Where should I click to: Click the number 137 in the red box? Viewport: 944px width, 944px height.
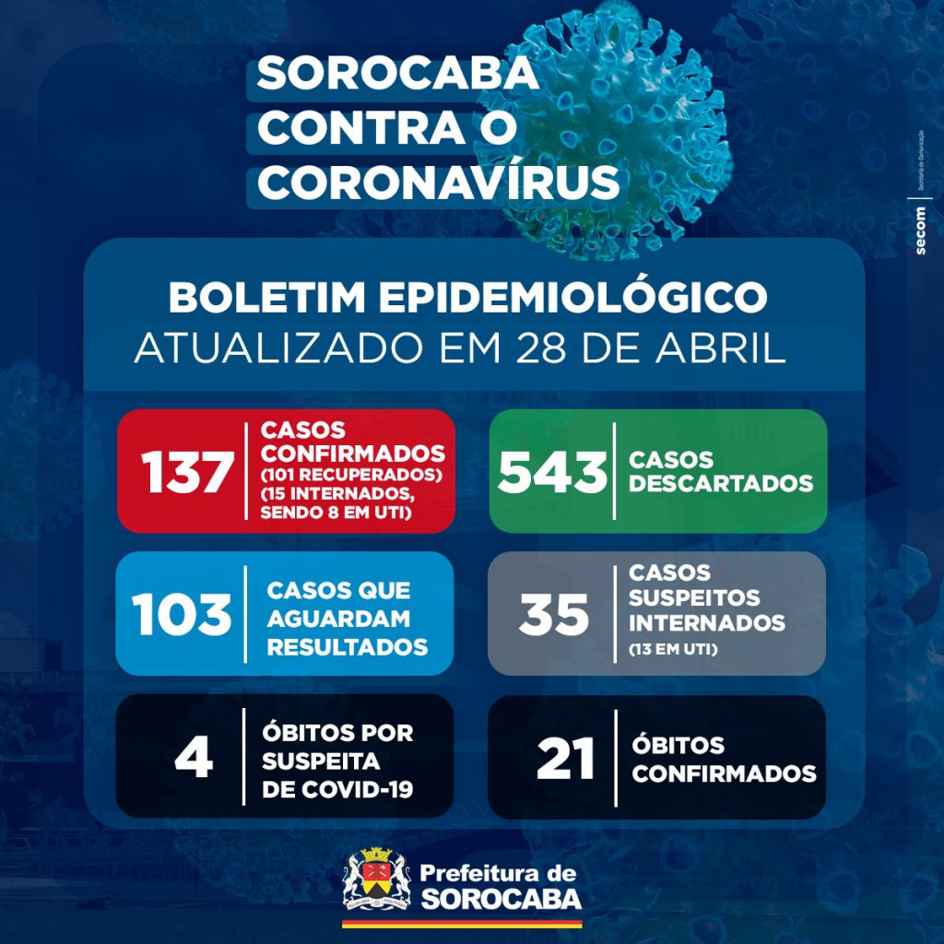tap(187, 473)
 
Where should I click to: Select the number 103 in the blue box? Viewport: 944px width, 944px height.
tap(181, 615)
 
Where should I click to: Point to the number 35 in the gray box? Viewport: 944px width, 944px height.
tap(553, 615)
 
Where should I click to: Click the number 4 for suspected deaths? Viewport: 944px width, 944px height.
tap(194, 758)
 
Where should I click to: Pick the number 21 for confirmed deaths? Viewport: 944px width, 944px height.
tap(565, 758)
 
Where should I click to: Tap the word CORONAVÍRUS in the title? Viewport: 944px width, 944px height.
tap(438, 183)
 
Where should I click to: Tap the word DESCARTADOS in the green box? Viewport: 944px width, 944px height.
tap(720, 484)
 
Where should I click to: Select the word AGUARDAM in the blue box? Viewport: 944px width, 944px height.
tap(338, 619)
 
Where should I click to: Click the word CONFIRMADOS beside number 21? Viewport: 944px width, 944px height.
tap(724, 773)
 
